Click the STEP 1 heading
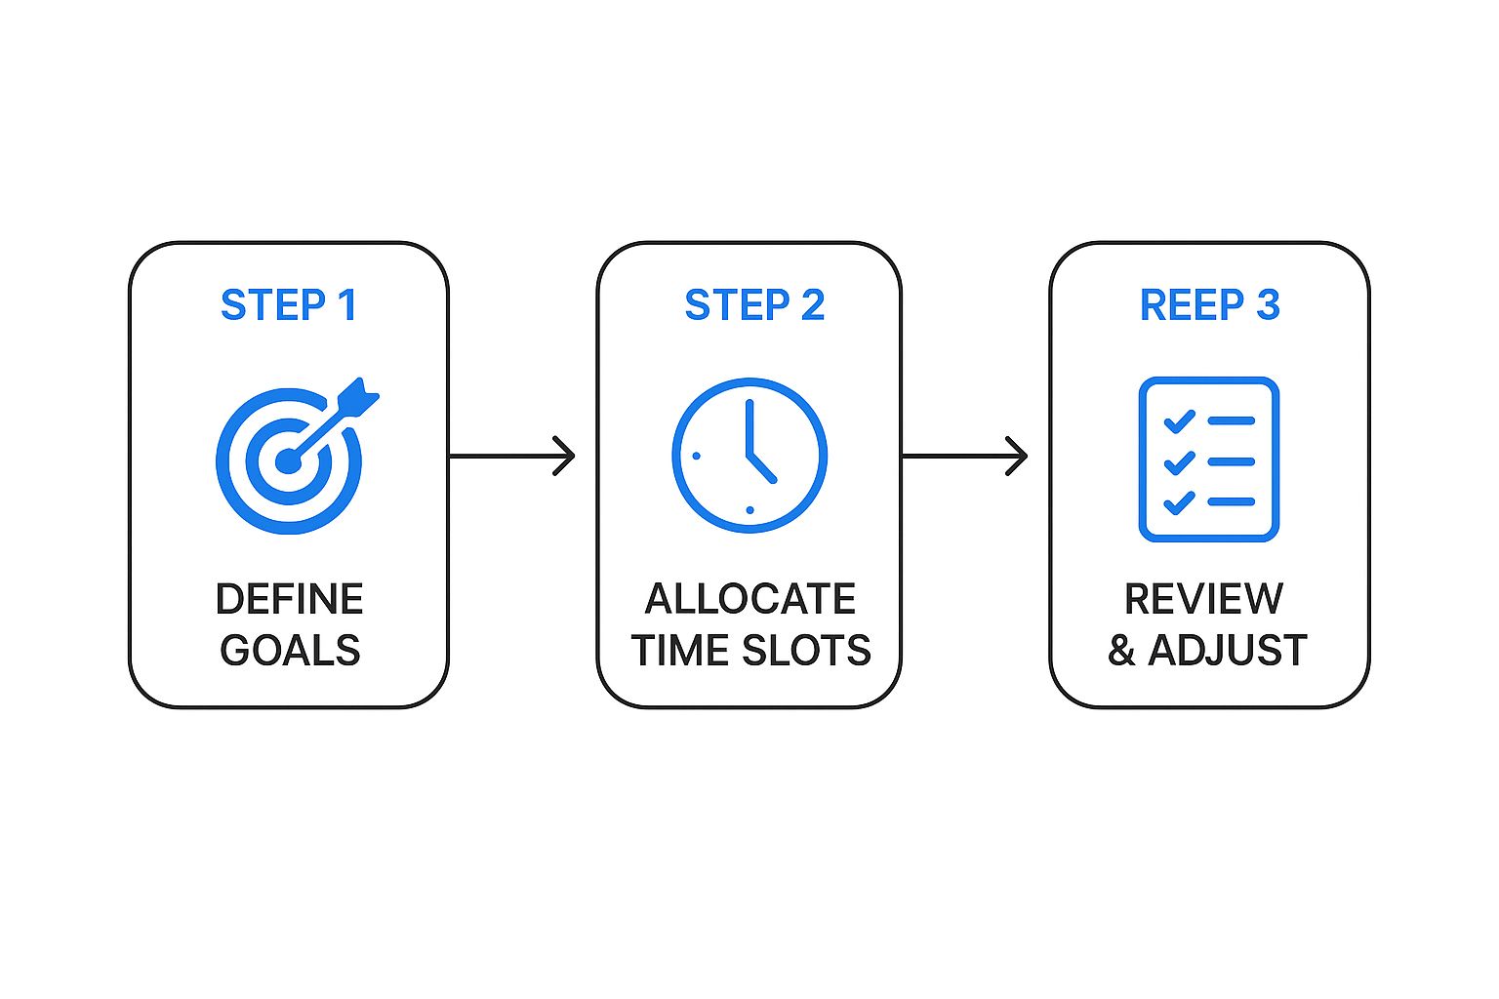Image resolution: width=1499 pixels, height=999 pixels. [x=289, y=305]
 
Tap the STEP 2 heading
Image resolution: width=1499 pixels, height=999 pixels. [x=754, y=305]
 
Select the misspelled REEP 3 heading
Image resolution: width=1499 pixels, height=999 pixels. [x=1209, y=305]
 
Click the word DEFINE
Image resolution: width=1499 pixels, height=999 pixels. [x=289, y=599]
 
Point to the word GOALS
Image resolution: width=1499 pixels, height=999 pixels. [x=290, y=651]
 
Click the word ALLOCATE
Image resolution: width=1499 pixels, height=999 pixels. [x=749, y=599]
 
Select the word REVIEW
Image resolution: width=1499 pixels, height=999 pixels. [x=1203, y=599]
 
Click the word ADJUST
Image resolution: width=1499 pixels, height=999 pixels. [x=1228, y=651]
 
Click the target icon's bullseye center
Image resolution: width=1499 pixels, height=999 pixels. [x=288, y=460]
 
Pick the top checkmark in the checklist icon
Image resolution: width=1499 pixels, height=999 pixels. [x=1179, y=421]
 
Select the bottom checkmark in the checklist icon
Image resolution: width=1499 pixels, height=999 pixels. [x=1179, y=502]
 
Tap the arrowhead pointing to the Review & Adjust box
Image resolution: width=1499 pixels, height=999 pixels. [x=1019, y=456]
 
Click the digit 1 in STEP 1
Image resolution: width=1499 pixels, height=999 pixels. [x=346, y=305]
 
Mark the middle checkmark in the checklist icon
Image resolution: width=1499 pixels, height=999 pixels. [x=1179, y=462]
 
